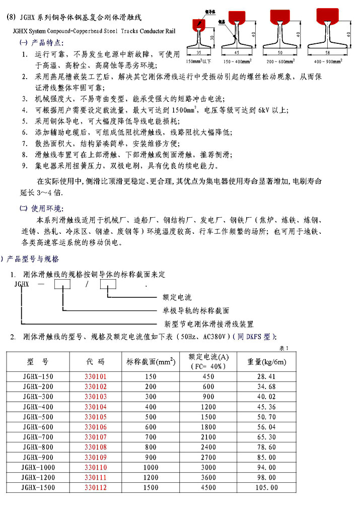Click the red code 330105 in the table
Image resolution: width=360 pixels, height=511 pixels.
(x=95, y=417)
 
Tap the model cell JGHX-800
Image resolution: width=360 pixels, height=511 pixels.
(x=38, y=447)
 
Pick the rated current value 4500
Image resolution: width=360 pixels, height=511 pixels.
(x=208, y=487)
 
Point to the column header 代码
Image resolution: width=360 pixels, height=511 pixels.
(x=95, y=361)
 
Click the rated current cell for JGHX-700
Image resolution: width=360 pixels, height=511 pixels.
(x=208, y=437)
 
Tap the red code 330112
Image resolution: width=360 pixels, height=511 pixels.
(x=95, y=487)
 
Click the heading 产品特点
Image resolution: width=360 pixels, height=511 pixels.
(x=48, y=41)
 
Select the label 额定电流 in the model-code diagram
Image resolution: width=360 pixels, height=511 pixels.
(x=177, y=297)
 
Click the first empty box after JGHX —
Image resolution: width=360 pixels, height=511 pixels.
(x=62, y=285)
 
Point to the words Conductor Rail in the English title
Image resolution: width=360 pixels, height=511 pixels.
(x=154, y=30)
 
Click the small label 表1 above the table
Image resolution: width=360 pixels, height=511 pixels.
(x=283, y=348)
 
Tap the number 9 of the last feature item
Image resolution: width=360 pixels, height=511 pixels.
(x=25, y=165)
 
